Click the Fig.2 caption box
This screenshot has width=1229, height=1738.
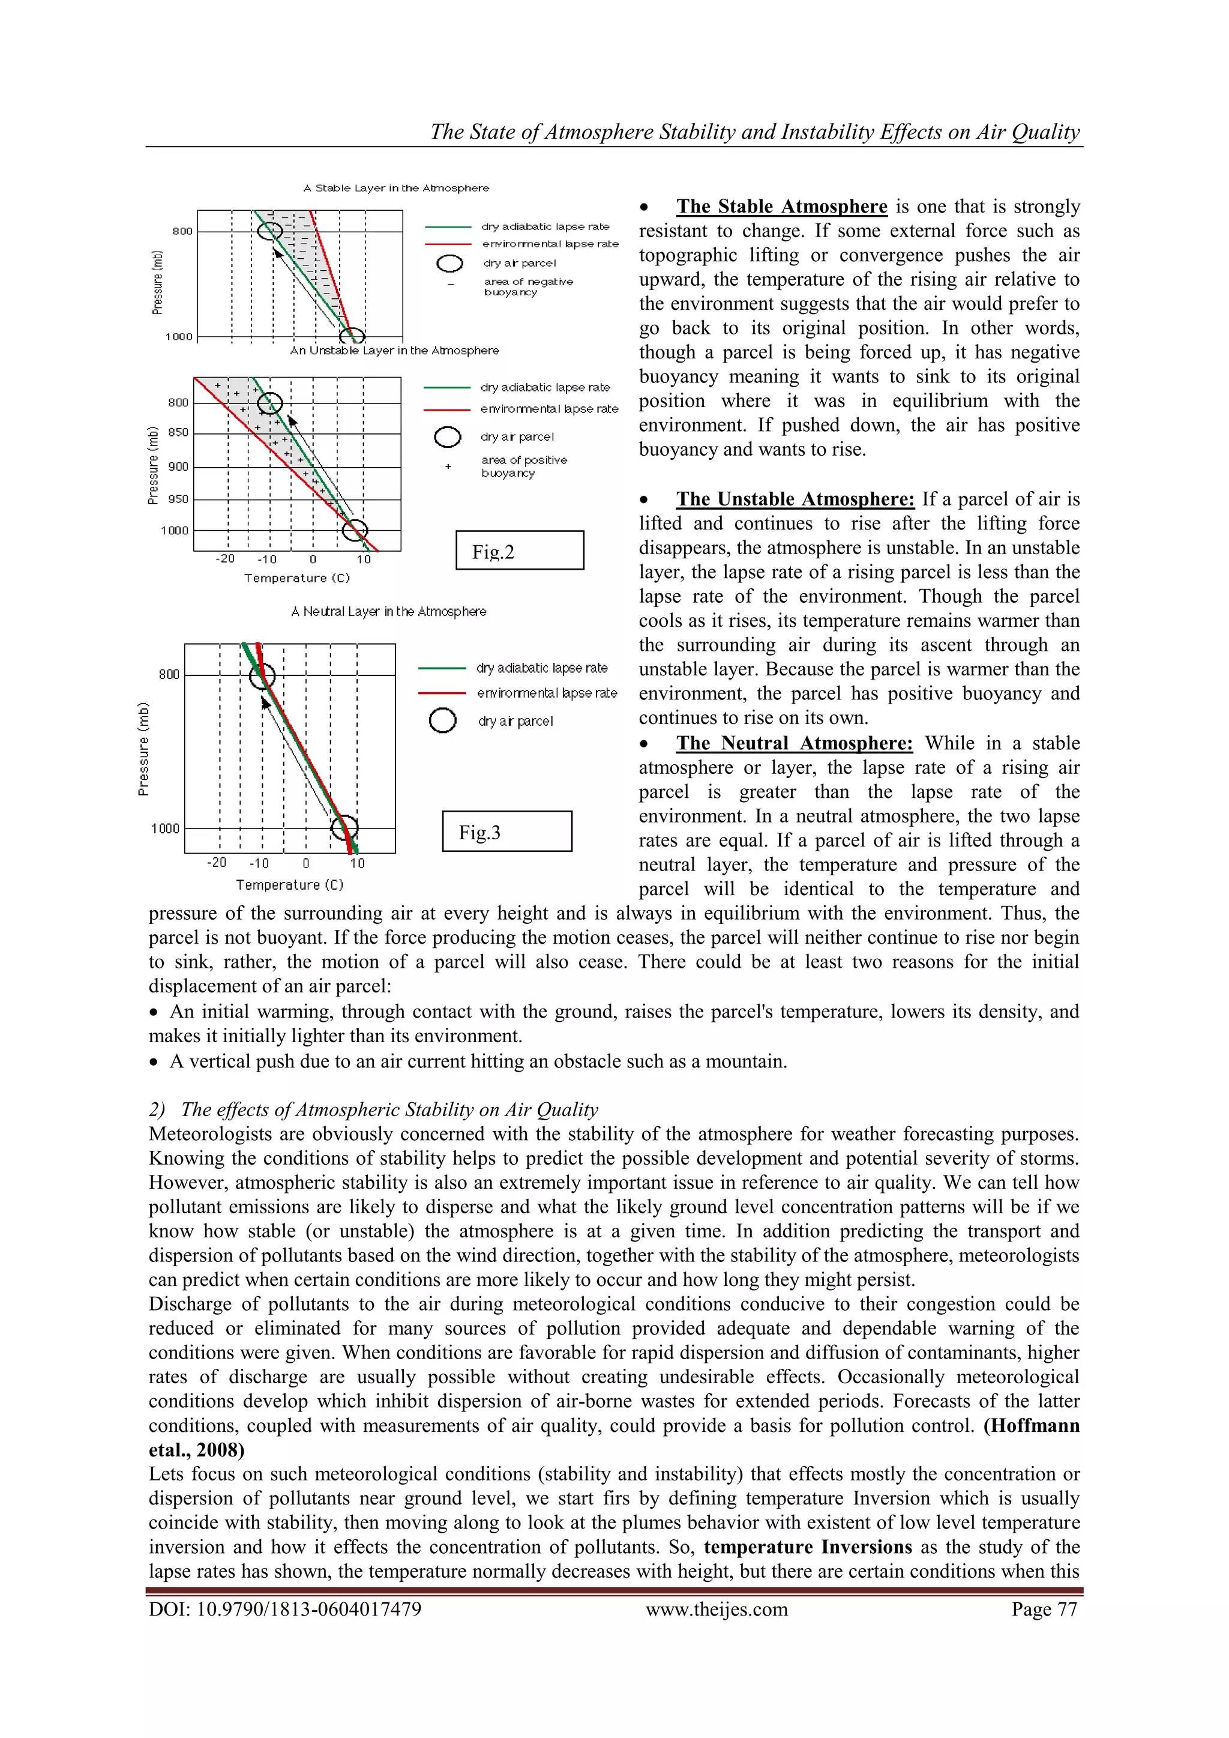(519, 551)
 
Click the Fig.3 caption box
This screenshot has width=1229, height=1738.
(506, 831)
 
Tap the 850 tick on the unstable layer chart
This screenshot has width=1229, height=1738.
(179, 432)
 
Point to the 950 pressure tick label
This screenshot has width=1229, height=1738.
(179, 499)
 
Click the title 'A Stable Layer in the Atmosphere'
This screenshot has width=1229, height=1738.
(396, 188)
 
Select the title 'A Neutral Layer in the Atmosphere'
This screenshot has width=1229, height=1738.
(388, 611)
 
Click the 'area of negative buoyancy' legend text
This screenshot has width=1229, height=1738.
(528, 286)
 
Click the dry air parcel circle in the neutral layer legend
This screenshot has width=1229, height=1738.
(442, 720)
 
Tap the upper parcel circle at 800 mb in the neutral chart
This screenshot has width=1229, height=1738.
(262, 676)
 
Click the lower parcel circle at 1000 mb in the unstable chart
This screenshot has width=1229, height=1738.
(354, 531)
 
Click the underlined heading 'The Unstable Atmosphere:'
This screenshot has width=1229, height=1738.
(795, 499)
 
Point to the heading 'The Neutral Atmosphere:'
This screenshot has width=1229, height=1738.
(794, 743)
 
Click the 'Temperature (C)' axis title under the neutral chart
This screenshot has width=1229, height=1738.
(289, 884)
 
